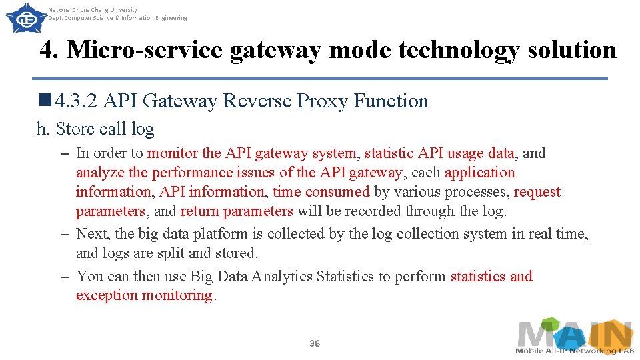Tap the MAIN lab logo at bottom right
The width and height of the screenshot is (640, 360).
coord(574,336)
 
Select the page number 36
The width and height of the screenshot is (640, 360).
coord(315,343)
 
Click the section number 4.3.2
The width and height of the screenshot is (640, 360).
coord(78,101)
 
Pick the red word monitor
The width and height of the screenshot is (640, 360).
coord(173,153)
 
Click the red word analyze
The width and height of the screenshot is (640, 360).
coord(100,173)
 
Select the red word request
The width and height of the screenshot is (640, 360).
coord(537,192)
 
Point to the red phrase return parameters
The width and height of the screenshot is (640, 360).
coord(237,211)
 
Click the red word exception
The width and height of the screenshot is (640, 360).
coord(107,295)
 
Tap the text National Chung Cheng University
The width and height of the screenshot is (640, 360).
coord(93,10)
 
